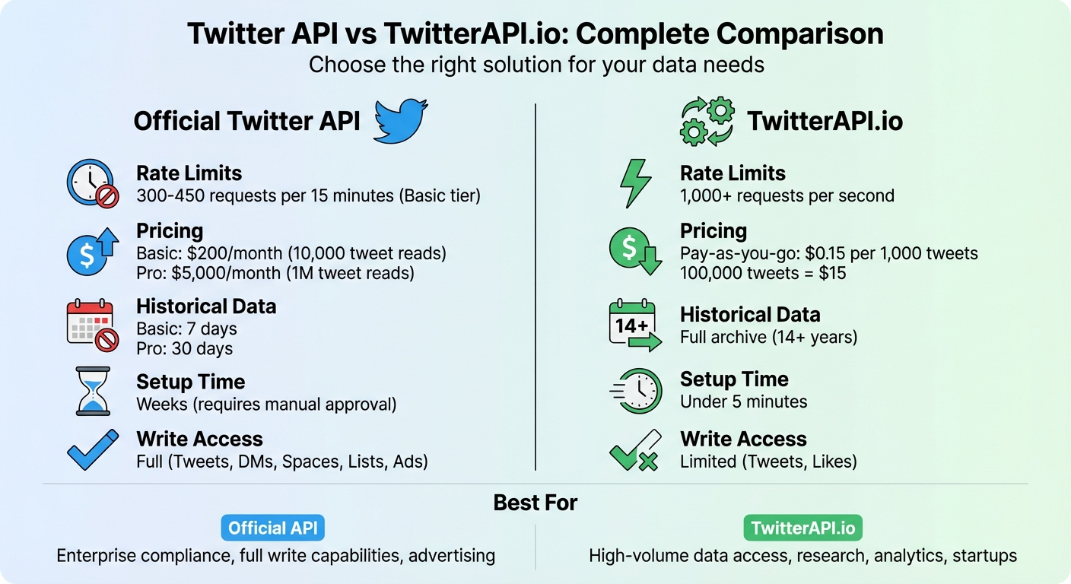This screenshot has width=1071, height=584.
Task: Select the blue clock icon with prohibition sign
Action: point(93,183)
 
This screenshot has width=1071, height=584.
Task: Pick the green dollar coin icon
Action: point(634,251)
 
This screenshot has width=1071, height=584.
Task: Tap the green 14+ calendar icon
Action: point(634,326)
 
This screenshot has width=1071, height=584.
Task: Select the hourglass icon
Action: point(93,392)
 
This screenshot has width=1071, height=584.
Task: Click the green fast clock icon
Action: point(636,390)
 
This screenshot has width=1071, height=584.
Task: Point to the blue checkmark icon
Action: point(93,449)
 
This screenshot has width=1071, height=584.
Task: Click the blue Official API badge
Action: point(272,528)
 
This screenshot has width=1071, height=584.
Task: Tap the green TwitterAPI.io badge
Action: point(802,528)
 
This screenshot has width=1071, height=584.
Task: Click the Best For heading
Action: point(535,503)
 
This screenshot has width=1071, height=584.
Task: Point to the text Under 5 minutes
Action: point(743,401)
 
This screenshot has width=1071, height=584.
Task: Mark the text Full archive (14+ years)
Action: point(768,336)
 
